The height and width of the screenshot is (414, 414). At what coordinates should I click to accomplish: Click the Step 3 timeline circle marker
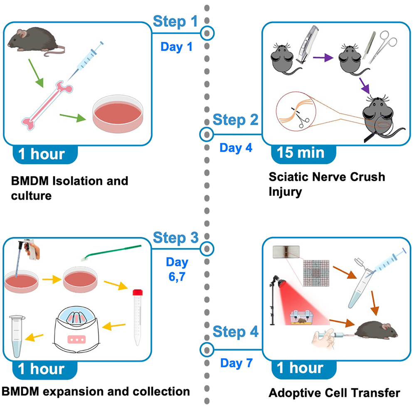[x=207, y=249]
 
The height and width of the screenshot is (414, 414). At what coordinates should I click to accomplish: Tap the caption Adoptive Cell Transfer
[x=334, y=392]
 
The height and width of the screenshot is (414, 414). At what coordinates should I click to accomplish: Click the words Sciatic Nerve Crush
[x=327, y=177]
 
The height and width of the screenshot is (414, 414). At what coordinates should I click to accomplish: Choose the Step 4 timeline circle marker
[x=207, y=348]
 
